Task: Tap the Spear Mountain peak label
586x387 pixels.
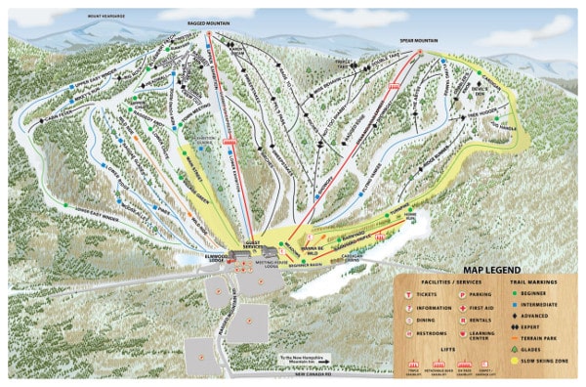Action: [417, 41]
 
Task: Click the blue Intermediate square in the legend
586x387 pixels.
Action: [516, 303]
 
